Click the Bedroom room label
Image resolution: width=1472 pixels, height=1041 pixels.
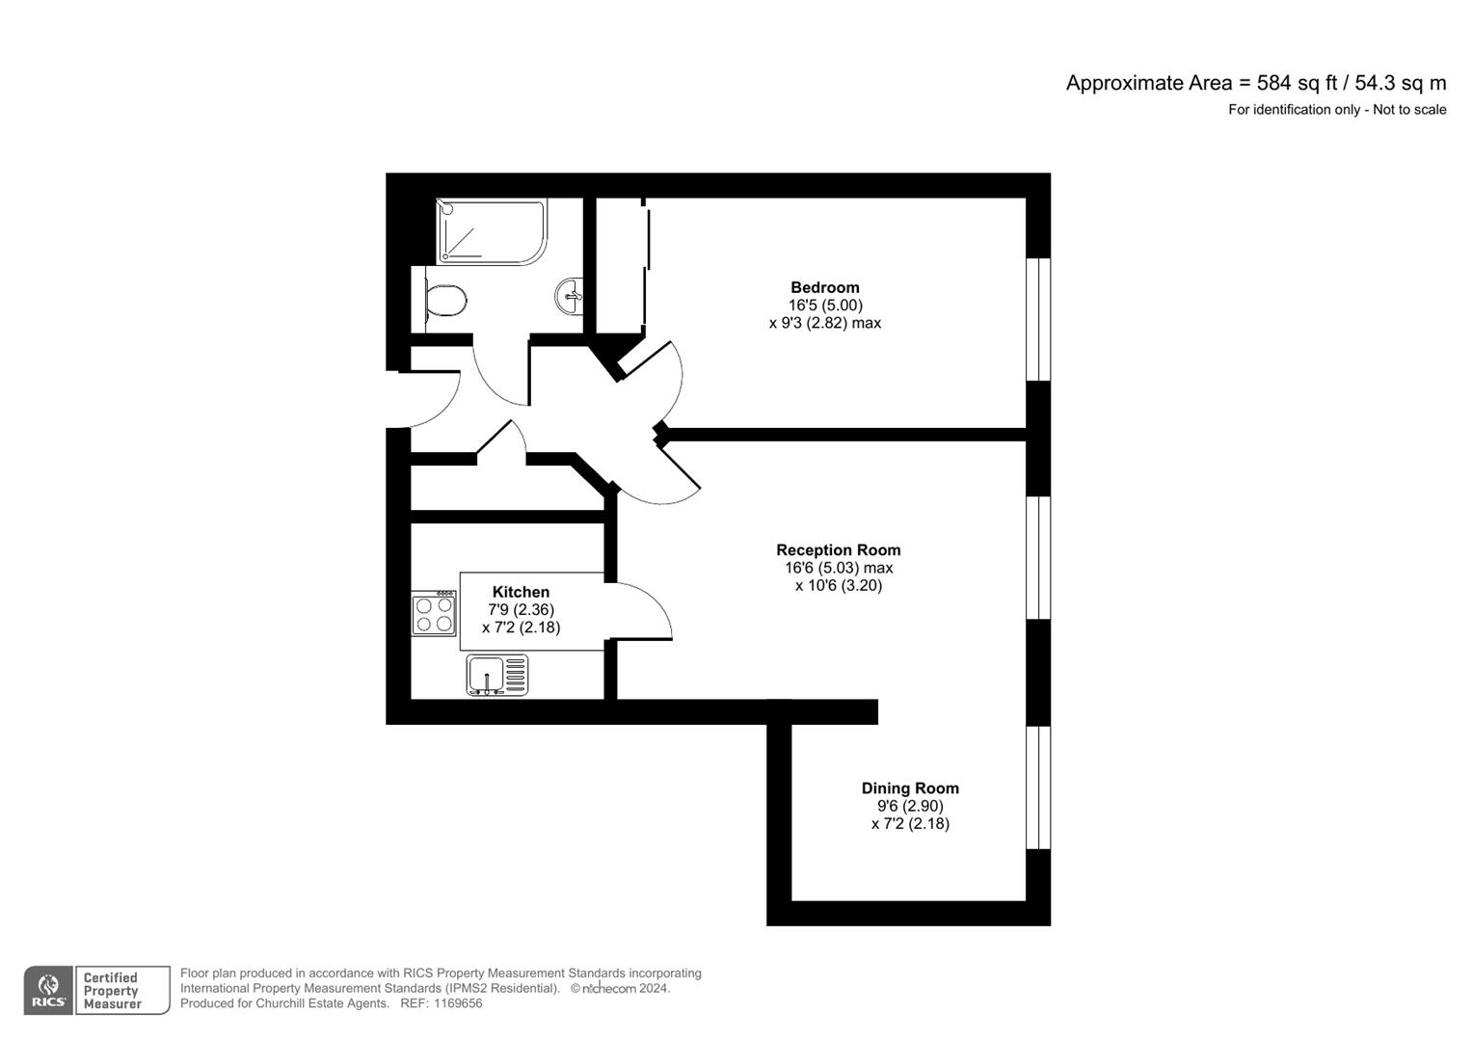point(824,287)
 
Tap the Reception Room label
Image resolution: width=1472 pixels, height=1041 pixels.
point(839,550)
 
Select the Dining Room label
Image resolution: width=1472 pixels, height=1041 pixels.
point(910,788)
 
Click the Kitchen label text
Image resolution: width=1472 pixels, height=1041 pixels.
point(521,592)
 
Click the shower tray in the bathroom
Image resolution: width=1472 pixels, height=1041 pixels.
point(491,231)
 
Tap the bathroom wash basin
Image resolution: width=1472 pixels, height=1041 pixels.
point(570,295)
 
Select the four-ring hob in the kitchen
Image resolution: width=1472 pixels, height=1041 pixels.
point(434,614)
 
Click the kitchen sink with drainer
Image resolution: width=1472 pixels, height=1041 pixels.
point(497,675)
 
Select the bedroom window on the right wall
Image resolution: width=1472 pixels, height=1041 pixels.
point(1038,319)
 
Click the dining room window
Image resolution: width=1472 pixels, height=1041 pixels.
point(1038,787)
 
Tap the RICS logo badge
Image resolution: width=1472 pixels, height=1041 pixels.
point(48,990)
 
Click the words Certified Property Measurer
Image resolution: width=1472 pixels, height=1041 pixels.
point(113,991)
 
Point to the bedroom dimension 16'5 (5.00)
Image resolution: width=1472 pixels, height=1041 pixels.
point(825,306)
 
